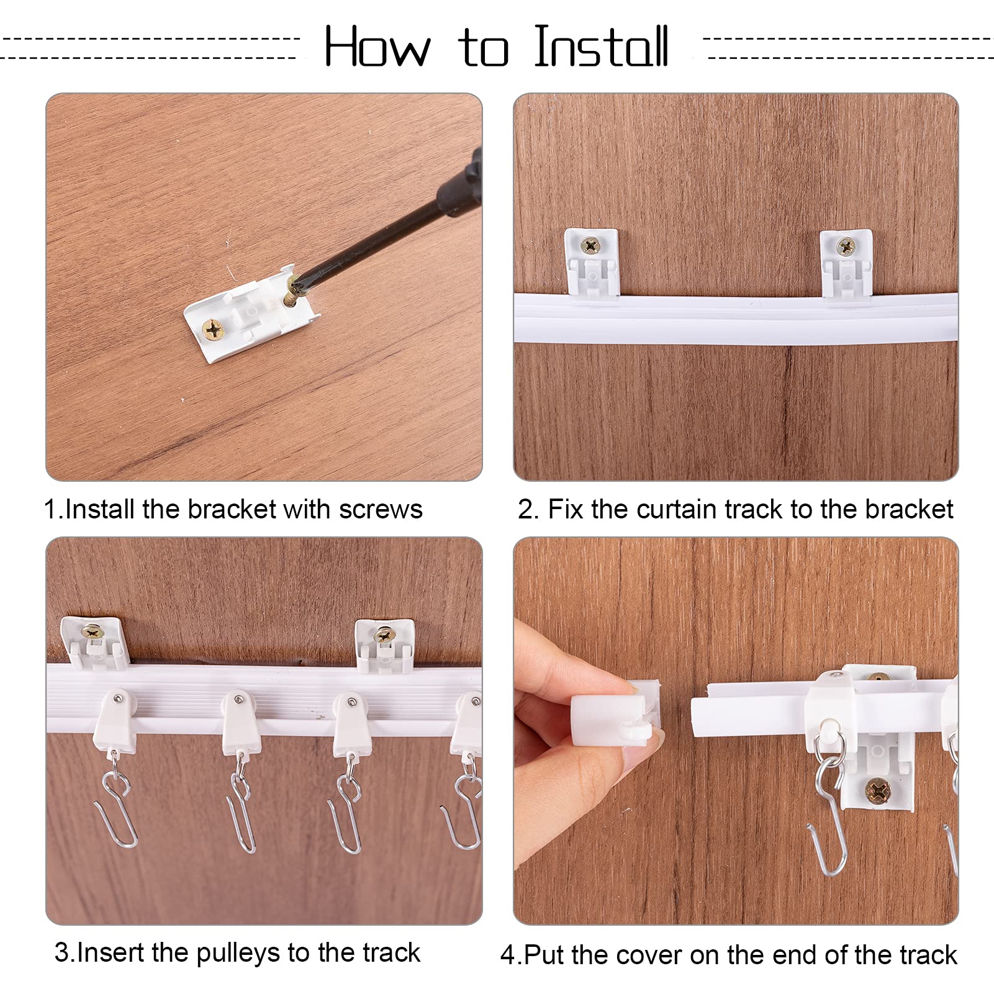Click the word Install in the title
tap(601, 47)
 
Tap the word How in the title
tap(377, 47)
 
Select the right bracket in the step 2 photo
tap(846, 263)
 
